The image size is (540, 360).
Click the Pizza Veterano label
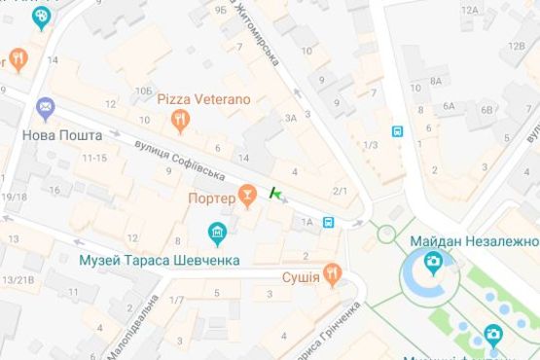pos(203,99)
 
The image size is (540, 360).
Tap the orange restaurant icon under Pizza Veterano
pos(179,121)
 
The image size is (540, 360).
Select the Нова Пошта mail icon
pos(44,107)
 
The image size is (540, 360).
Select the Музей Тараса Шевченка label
pos(159,260)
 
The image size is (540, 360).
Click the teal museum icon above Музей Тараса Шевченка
pos(218,234)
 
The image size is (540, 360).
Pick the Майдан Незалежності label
pos(474,240)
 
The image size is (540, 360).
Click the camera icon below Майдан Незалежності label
pos(432,262)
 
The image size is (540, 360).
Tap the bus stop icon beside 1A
pos(330,222)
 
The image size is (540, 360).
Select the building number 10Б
pos(144,90)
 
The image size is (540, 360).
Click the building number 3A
pos(290,118)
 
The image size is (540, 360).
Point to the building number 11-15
pos(94,158)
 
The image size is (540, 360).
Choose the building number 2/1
pos(340,191)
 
